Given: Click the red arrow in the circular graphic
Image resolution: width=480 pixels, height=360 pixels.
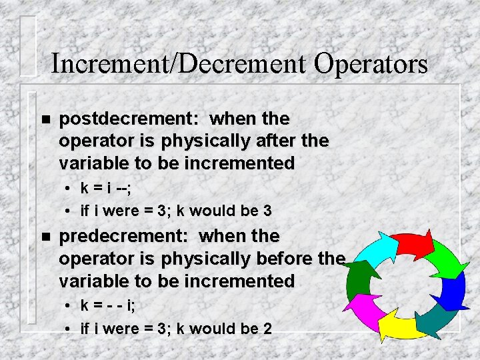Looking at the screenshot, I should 411,245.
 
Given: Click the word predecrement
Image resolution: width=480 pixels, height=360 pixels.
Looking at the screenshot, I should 123,237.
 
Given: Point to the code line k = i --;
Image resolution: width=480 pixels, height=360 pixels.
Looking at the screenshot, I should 105,189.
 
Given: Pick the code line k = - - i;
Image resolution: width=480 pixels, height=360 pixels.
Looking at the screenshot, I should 109,306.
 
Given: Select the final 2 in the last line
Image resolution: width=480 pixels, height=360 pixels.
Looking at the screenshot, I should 267,329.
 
